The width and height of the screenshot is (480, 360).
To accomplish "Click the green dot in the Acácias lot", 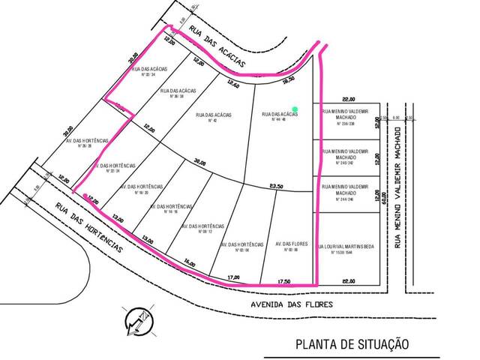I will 295,109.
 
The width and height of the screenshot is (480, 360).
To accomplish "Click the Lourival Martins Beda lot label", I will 347,250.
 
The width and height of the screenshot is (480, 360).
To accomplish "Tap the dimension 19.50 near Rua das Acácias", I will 289,78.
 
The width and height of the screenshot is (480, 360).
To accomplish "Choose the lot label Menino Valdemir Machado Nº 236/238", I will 346,118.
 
